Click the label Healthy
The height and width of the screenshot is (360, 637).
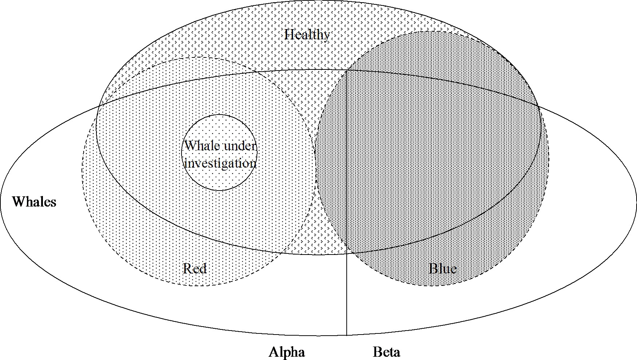(x=307, y=35)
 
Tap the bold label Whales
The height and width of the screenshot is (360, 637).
(x=34, y=201)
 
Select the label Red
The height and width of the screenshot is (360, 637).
(x=195, y=269)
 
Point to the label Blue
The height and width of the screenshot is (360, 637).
(x=443, y=269)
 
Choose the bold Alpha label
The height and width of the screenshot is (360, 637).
(x=287, y=352)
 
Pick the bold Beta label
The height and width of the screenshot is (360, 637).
(x=386, y=352)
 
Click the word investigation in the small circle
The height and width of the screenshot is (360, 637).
(x=220, y=163)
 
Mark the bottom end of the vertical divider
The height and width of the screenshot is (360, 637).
(x=347, y=335)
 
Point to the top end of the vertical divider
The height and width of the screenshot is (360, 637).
(x=347, y=70)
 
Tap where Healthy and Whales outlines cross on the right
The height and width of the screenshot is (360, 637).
(x=538, y=106)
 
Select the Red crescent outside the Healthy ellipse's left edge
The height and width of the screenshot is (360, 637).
(x=89, y=164)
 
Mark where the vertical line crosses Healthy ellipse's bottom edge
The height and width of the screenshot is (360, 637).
(x=347, y=253)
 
